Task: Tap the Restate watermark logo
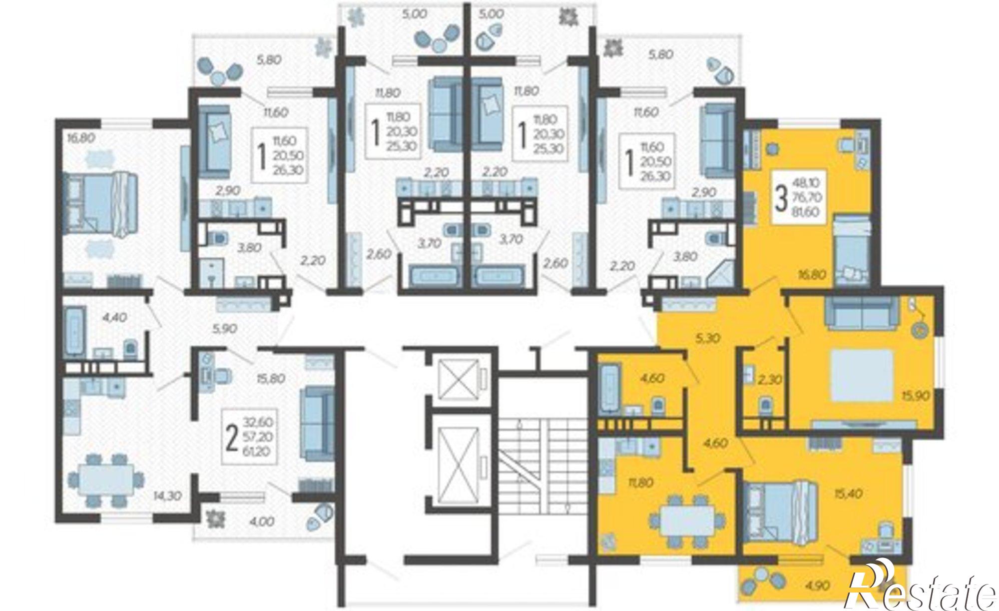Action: (922, 590)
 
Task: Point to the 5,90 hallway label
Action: (224, 329)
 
